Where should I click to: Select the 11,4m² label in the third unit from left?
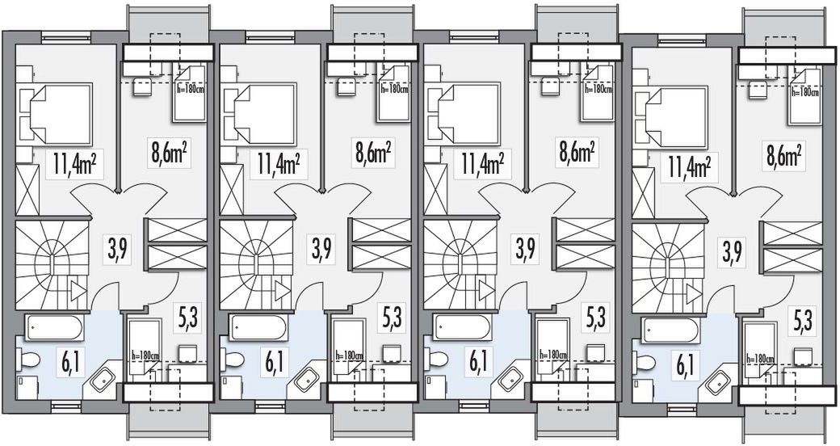tap(483, 164)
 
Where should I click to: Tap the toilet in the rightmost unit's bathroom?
tap(644, 360)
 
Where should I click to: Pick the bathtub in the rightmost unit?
tap(669, 330)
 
